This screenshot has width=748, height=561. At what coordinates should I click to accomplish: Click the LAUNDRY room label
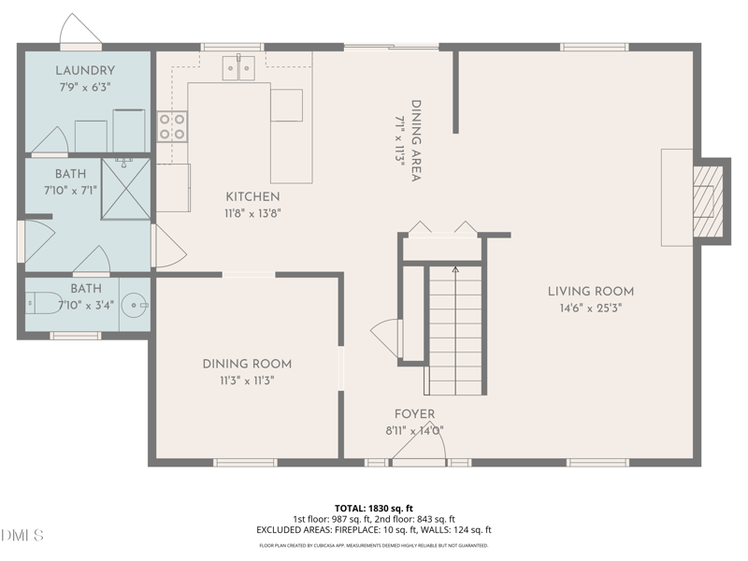[x=85, y=71]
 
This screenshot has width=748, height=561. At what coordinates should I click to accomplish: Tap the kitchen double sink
[x=238, y=67]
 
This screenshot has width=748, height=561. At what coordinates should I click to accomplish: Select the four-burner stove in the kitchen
[x=172, y=126]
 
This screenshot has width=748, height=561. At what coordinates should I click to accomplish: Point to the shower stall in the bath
[x=126, y=189]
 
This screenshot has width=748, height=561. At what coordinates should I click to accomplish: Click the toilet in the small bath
[x=43, y=303]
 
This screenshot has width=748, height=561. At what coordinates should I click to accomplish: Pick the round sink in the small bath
[x=135, y=305]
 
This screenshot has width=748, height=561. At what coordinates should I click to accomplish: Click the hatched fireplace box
[x=708, y=202]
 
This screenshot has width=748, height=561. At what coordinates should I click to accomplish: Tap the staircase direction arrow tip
[x=455, y=269]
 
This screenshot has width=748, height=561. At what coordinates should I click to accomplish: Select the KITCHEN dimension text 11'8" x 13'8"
[x=252, y=213]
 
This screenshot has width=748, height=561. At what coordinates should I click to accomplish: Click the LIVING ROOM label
[x=591, y=292]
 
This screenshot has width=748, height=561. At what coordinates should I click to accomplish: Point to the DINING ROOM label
[x=247, y=364]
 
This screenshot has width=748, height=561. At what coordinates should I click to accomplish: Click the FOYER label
[x=414, y=414]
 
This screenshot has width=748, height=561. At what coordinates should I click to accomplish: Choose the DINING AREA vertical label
[x=416, y=141]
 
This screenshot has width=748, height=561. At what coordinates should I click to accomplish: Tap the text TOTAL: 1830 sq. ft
[x=373, y=508]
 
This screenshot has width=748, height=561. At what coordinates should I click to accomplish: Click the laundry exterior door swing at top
[x=80, y=30]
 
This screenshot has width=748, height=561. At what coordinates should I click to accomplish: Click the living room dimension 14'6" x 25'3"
[x=591, y=309]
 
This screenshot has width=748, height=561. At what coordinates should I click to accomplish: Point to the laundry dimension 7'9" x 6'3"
[x=85, y=87]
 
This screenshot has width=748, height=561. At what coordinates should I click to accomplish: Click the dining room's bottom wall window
[x=245, y=462]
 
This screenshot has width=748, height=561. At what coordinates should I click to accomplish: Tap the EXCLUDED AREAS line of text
[x=373, y=529]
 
